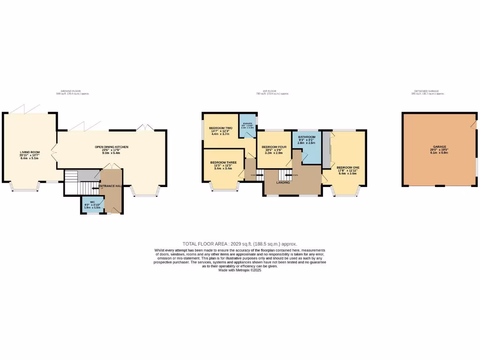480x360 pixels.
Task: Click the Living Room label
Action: tap(30, 152)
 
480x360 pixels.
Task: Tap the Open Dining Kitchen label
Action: tap(112, 147)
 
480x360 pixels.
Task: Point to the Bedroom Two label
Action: tap(221, 128)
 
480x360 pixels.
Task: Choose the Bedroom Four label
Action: tap(274, 147)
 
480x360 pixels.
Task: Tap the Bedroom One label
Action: tap(348, 167)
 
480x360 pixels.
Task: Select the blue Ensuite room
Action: tap(247, 126)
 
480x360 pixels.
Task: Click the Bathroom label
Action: tap(307, 137)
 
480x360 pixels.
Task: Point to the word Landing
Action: tap(283, 182)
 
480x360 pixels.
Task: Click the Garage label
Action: tap(439, 147)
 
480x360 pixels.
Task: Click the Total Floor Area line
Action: tap(240, 244)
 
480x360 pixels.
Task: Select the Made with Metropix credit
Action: tap(240, 270)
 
